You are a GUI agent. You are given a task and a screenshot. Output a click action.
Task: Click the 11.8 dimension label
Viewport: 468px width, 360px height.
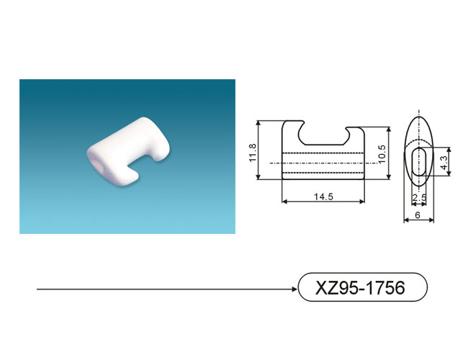253,153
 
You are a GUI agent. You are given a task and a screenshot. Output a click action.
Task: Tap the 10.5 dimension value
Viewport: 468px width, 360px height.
382,154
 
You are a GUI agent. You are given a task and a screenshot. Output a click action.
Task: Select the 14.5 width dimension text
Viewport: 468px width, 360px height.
323,197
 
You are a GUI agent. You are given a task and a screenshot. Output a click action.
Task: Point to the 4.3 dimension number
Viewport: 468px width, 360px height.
444,163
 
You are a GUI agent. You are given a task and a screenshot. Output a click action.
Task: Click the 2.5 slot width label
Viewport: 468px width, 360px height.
419,197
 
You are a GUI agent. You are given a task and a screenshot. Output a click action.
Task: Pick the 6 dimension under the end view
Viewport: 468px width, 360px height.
418,215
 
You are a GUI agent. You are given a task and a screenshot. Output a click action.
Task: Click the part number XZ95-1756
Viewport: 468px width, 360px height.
360,287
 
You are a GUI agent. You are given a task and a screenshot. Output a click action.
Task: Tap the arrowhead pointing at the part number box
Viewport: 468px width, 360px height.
294,289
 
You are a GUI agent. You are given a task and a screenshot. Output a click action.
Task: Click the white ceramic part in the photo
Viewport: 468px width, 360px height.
128,152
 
